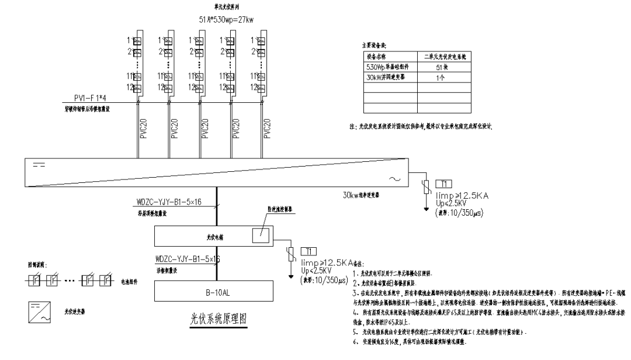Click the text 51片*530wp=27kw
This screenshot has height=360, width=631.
[226, 20]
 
